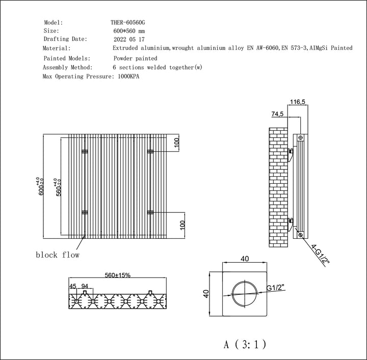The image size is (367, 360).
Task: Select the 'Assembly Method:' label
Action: point(68,67)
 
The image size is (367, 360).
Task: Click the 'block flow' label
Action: point(57,255)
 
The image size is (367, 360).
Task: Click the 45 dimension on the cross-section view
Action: point(73,287)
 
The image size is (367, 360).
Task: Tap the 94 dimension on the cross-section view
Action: point(85,287)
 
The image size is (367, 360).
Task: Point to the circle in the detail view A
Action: point(245,295)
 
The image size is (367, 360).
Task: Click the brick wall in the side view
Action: point(278,188)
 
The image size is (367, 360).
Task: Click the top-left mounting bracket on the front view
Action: point(85,152)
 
